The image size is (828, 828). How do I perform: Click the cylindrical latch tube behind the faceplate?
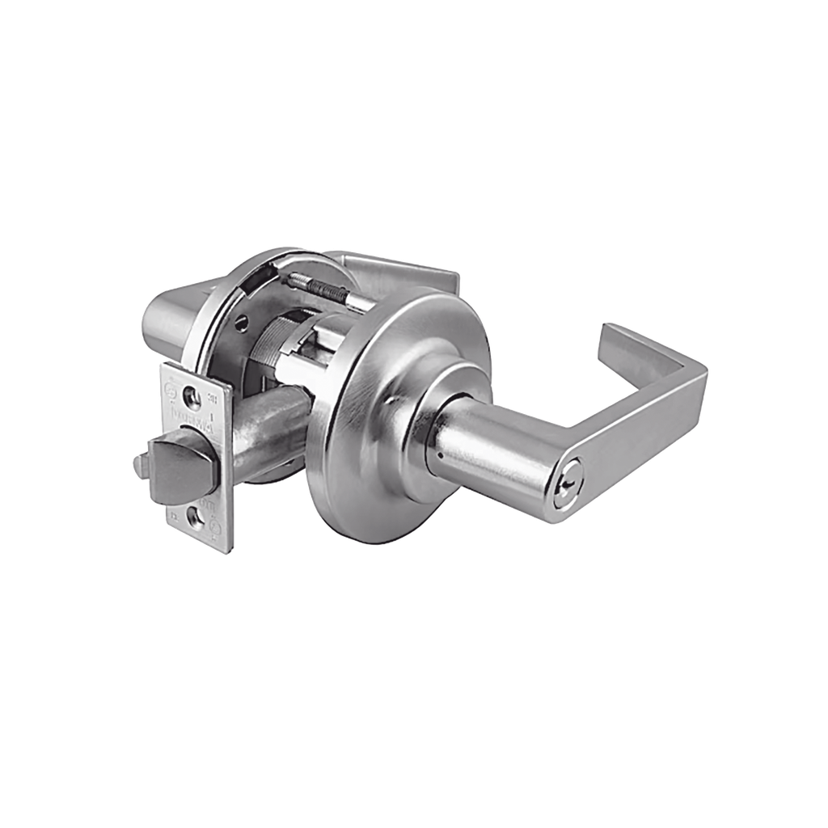pos(267,437)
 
